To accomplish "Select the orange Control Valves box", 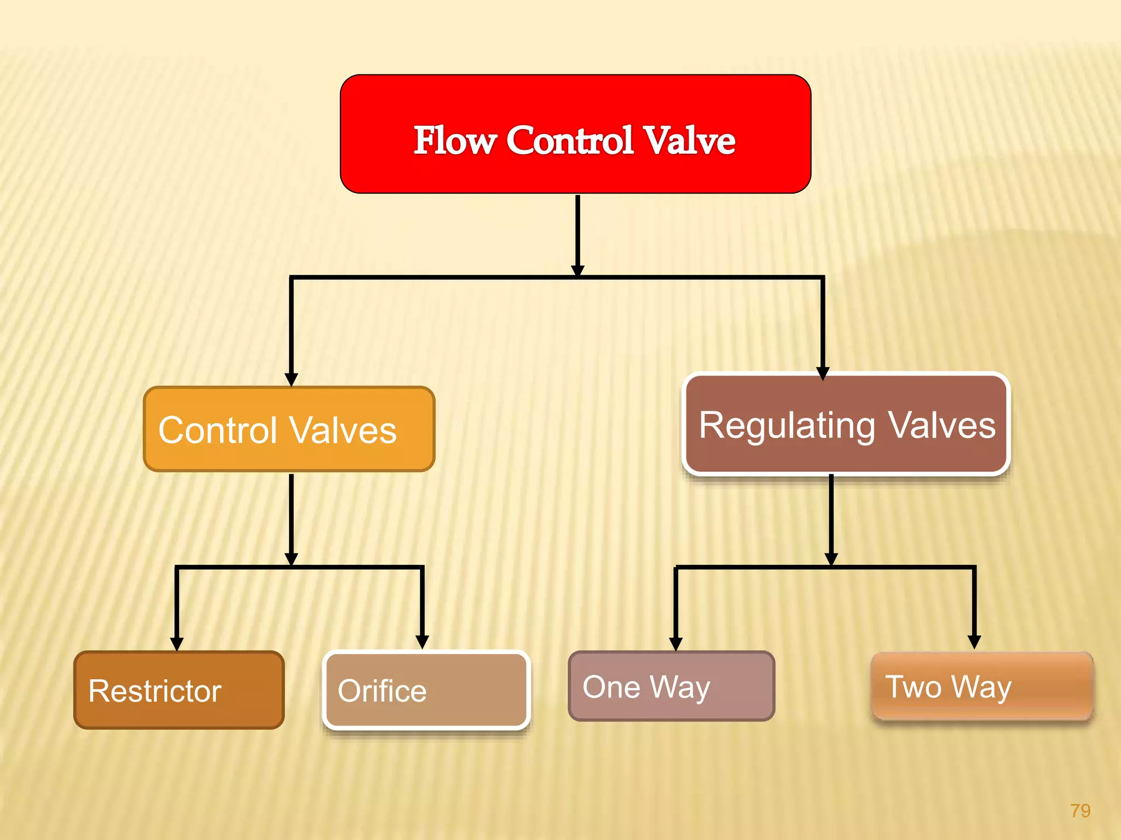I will point(289,429).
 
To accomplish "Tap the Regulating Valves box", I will point(846,424).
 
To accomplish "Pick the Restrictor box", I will point(179,690).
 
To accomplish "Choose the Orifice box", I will point(426,690).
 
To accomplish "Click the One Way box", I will point(672,686).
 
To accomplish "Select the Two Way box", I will point(982,686).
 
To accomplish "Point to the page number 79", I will point(1080,810).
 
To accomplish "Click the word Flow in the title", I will point(454,141).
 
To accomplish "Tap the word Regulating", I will point(787,426).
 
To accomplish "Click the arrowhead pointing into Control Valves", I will point(291,379).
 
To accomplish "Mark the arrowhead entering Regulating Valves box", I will point(822,373).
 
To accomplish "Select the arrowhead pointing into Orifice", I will point(422,641).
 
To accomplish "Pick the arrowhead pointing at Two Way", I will point(974,641).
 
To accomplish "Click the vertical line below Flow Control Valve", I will point(577,230).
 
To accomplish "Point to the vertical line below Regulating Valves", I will point(831,514).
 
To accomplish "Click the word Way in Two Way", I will point(981,687).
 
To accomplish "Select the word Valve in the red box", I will point(689,141).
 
